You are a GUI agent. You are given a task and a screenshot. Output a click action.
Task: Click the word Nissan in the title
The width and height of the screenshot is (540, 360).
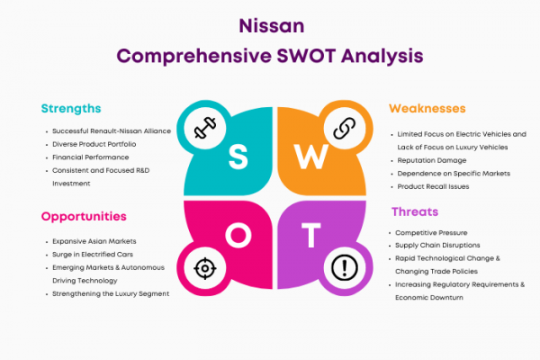click(x=272, y=26)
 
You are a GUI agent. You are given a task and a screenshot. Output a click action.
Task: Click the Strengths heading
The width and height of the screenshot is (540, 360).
click(x=71, y=109)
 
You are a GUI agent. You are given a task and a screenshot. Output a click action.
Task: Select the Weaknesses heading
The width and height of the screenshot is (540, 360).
click(x=427, y=109)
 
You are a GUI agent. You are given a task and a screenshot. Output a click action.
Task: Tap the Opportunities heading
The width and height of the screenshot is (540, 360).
click(x=84, y=217)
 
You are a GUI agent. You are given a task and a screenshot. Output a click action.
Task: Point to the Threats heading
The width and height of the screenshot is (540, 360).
click(x=415, y=211)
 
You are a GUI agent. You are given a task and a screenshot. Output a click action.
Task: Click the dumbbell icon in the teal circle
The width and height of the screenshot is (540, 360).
click(x=205, y=128)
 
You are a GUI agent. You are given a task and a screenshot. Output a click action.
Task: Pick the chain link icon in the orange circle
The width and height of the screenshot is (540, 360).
click(x=345, y=128)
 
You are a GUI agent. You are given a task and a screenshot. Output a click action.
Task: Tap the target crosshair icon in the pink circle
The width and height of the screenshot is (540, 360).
click(x=205, y=268)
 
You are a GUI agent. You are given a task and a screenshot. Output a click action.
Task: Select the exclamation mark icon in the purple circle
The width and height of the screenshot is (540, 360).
click(x=345, y=267)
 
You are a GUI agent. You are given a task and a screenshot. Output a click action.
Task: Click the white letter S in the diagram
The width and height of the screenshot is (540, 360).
click(x=238, y=157)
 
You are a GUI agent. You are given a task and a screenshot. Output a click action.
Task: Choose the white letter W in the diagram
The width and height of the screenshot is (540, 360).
click(x=310, y=157)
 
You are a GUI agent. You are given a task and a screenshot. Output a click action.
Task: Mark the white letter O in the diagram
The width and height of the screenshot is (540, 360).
click(x=238, y=235)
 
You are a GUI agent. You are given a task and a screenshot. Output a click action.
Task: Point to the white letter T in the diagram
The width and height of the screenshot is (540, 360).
click(x=311, y=235)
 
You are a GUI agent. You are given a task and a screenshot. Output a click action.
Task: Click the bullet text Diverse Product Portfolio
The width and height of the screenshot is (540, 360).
click(x=94, y=144)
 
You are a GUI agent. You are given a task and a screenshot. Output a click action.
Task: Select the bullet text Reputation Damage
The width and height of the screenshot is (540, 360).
click(x=432, y=160)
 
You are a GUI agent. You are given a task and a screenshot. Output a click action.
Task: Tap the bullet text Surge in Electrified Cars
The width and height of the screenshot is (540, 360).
click(x=93, y=255)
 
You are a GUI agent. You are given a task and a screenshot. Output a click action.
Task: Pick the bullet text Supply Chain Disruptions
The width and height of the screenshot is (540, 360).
click(x=437, y=246)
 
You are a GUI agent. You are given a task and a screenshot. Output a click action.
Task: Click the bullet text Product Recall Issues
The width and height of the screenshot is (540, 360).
click(x=433, y=186)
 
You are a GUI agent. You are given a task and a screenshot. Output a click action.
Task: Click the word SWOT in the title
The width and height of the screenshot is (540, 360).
click(x=306, y=56)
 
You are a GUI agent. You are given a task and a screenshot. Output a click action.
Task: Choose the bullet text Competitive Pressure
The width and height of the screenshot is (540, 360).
click(x=431, y=233)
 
